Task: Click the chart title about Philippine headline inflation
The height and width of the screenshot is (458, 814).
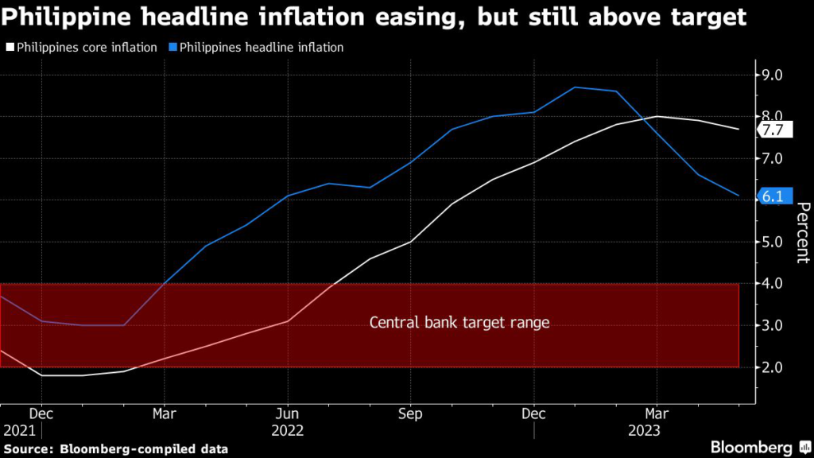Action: click(374, 18)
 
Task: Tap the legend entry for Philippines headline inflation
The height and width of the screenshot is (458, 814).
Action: click(256, 48)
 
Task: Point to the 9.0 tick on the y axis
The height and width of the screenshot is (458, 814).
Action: click(772, 76)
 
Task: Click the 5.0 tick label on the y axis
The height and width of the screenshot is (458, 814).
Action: click(772, 242)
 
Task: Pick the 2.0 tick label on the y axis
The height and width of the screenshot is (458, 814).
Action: click(772, 367)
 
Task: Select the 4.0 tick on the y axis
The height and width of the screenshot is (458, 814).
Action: click(772, 284)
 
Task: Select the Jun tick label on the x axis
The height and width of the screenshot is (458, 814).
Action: click(288, 414)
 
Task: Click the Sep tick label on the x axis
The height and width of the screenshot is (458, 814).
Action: click(410, 414)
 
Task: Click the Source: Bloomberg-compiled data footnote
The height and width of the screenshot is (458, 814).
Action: click(115, 449)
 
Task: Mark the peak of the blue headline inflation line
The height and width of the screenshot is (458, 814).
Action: click(575, 87)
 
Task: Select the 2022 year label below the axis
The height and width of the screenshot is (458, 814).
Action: click(288, 430)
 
